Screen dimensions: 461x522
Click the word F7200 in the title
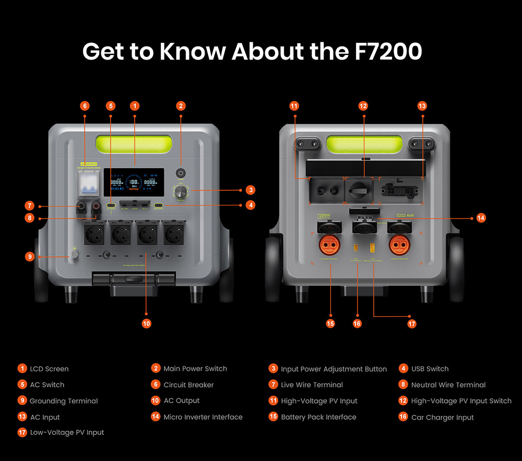coord(384,52)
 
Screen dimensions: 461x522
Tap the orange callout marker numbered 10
coord(147,324)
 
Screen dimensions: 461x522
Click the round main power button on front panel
coord(181,173)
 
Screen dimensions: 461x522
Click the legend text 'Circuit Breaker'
coord(188,385)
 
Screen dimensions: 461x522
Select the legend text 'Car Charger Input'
coord(442,417)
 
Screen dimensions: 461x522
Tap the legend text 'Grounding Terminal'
coord(64,401)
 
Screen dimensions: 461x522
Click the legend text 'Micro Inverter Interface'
coord(203,417)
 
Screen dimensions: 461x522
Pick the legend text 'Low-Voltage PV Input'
coord(67,432)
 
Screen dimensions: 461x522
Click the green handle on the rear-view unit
coord(364,143)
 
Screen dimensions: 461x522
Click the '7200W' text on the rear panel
coord(324,215)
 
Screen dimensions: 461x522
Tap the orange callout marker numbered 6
coord(85,106)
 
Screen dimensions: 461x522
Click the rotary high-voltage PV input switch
coord(359,189)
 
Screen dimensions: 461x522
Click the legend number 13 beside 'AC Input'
coord(21,417)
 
